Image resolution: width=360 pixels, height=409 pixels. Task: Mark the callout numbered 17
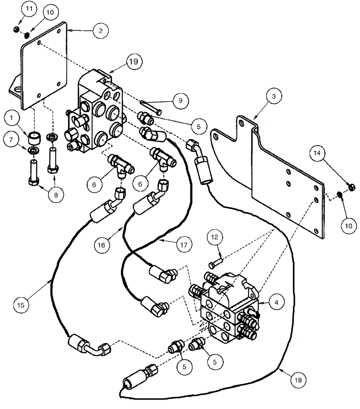pyautogui.click(x=184, y=245)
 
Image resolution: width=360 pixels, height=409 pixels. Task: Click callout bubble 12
pyautogui.click(x=218, y=238)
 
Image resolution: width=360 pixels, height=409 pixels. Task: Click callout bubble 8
pyautogui.click(x=56, y=195)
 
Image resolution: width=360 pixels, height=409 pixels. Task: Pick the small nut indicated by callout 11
pyautogui.click(x=15, y=29)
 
